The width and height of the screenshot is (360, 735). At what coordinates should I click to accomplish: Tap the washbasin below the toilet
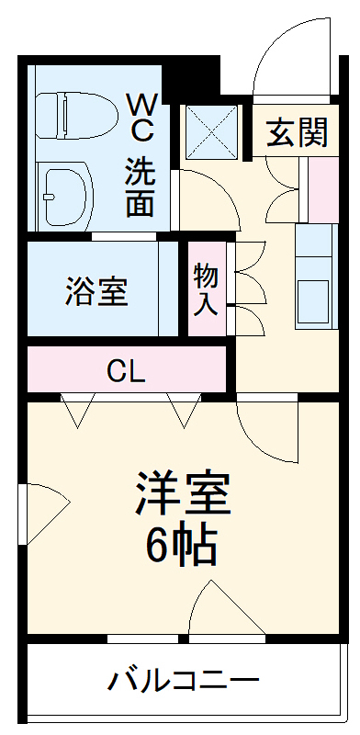point(65,193)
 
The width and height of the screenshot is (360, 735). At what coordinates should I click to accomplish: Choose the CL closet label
point(125,371)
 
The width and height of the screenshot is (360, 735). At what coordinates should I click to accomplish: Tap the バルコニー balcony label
point(184,682)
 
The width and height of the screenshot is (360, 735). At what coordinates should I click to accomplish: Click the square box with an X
point(213,131)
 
